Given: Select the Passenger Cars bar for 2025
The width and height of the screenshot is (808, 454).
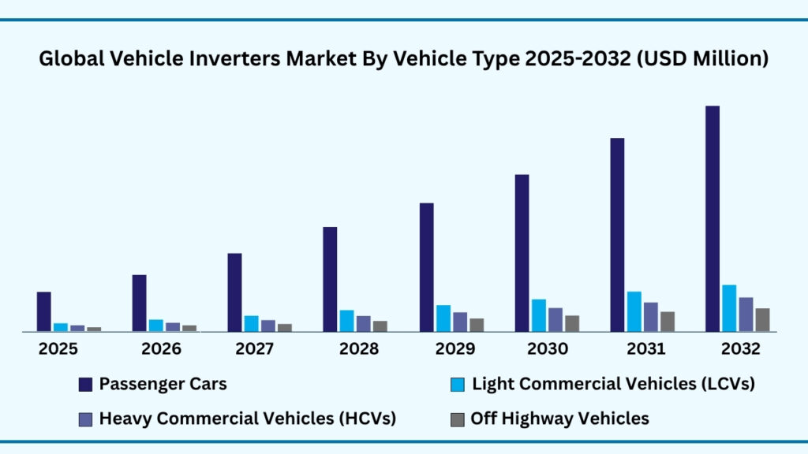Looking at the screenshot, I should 43,311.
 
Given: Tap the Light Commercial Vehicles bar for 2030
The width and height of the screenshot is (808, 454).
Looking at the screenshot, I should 538,315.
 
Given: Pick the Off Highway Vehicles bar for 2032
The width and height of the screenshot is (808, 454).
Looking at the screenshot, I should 762,319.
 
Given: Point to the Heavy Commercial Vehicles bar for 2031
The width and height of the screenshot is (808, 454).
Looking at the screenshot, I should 650,317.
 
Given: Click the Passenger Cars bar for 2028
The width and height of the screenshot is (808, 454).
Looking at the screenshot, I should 330,279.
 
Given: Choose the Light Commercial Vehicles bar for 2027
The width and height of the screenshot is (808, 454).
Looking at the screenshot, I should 251,323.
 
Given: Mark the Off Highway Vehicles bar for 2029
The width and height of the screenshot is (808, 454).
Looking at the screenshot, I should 477,325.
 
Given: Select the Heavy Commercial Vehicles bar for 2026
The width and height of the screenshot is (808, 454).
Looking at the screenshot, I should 173,326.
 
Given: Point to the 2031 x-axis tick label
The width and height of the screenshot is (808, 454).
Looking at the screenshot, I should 644,349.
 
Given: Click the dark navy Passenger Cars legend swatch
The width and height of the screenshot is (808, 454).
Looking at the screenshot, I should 85,385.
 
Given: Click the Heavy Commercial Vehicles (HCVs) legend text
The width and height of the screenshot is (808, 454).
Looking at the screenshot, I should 247,419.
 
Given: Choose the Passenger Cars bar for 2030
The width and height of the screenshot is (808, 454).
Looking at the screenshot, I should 522,252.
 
